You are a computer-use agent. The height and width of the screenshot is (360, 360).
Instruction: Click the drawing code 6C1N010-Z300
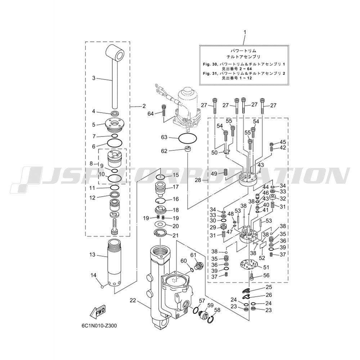(x=99, y=326)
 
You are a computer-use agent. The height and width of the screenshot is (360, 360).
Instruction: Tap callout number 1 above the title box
(x=244, y=32)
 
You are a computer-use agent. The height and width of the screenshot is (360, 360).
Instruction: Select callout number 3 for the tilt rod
(x=94, y=78)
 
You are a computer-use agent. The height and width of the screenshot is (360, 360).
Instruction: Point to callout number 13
(x=92, y=255)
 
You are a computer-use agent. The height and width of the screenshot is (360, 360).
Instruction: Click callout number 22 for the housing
(x=132, y=300)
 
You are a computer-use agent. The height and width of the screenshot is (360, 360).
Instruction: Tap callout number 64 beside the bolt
(x=150, y=113)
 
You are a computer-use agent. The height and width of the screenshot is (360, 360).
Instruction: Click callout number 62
(x=164, y=151)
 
